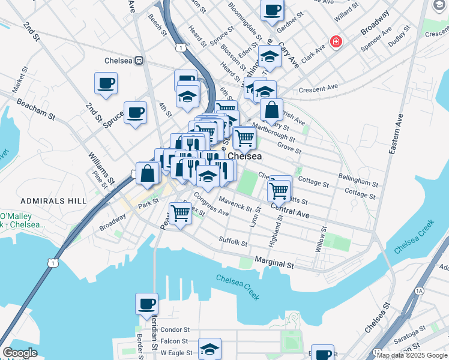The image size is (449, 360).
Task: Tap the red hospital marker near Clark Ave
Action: (336, 42)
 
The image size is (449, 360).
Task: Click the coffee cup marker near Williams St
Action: (135, 112)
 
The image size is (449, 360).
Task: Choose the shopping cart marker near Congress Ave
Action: (180, 212)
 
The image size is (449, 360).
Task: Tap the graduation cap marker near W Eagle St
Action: (209, 349)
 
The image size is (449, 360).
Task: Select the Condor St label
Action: (175, 329)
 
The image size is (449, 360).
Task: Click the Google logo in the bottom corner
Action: (20, 353)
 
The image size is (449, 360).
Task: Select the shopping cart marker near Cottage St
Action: (279, 190)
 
